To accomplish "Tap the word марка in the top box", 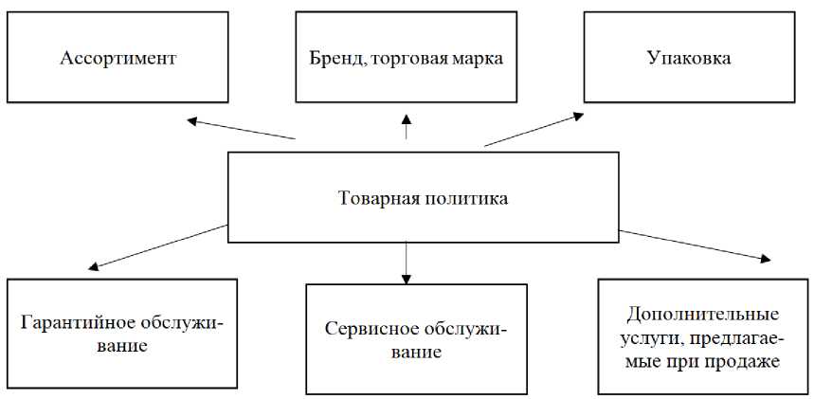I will (477, 59).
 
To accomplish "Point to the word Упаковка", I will (689, 59).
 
